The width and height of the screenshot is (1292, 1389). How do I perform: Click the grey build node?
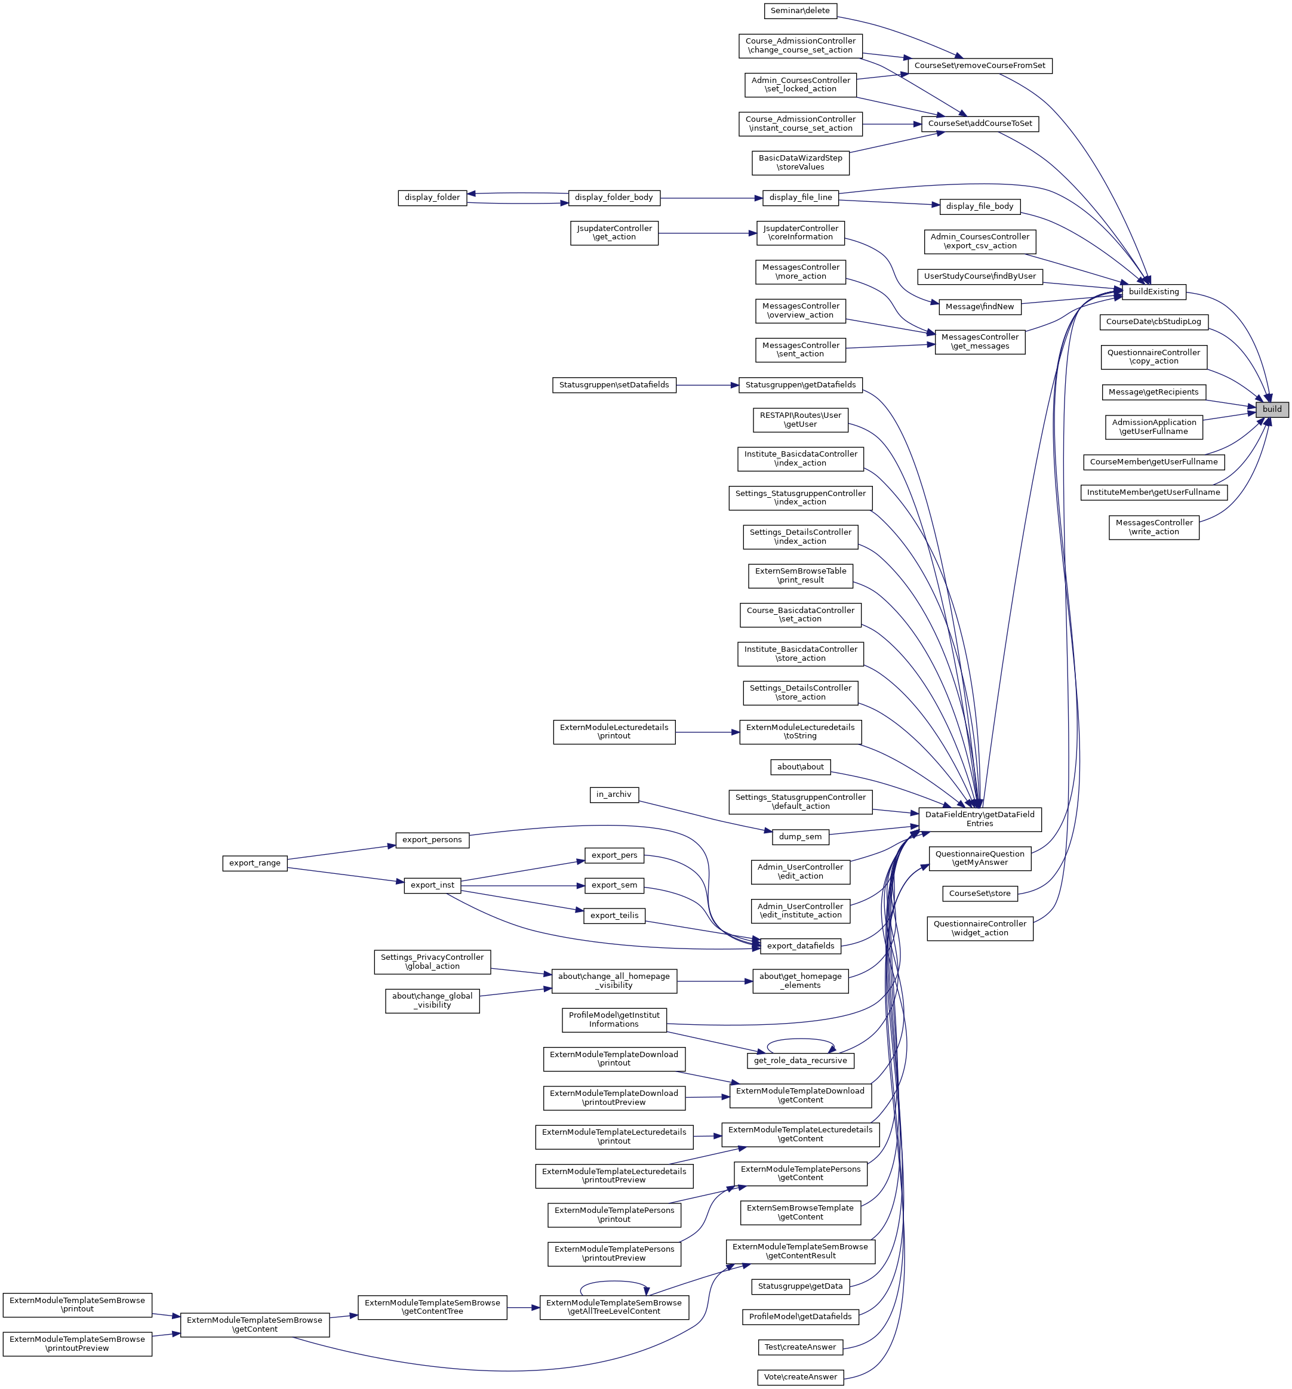click(x=1271, y=409)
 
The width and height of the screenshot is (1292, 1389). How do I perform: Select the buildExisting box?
click(x=1153, y=291)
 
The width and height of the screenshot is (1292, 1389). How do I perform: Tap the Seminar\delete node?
click(x=799, y=11)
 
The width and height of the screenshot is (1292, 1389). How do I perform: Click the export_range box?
click(x=254, y=863)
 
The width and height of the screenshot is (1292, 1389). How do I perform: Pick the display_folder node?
click(x=432, y=198)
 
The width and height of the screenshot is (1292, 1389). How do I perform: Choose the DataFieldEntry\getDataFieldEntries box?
click(x=979, y=819)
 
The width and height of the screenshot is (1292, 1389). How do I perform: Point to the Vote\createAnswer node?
click(x=799, y=1376)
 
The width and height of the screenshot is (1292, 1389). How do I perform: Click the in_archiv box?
click(x=614, y=794)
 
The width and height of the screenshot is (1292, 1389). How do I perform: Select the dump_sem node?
click(x=799, y=836)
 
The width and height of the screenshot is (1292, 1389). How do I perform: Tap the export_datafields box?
click(x=799, y=946)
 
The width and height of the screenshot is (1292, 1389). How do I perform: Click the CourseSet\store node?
click(x=979, y=893)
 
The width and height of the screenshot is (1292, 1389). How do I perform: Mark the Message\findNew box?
click(x=979, y=307)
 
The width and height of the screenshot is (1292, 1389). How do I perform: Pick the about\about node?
click(x=799, y=766)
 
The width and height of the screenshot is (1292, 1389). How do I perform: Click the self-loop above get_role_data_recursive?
click(x=800, y=1040)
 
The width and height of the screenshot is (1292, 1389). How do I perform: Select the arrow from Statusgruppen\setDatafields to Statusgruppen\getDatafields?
click(x=707, y=385)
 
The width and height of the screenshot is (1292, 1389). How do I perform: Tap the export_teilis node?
click(x=614, y=915)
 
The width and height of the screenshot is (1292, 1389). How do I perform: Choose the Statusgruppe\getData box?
click(x=799, y=1286)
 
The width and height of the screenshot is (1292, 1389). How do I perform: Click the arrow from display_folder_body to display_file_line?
click(x=710, y=198)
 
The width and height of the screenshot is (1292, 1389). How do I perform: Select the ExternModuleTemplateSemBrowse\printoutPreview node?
click(x=77, y=1344)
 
